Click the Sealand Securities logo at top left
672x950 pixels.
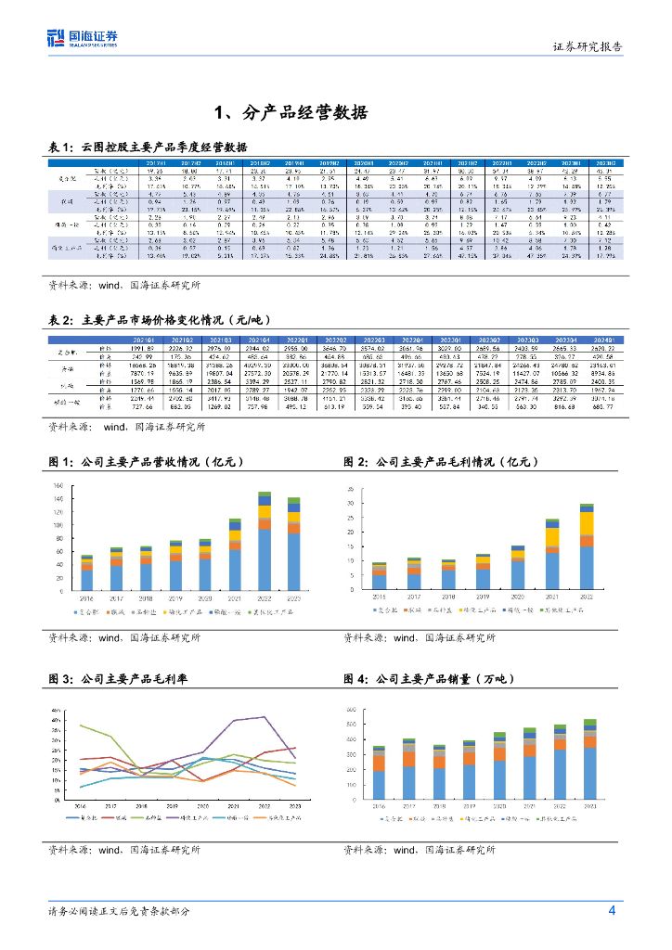[83, 38]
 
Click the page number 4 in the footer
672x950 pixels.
[612, 910]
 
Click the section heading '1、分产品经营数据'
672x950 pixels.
[291, 113]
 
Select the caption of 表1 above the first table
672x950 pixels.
[148, 147]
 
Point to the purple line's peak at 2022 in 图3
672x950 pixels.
[265, 716]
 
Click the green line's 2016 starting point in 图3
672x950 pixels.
[81, 725]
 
